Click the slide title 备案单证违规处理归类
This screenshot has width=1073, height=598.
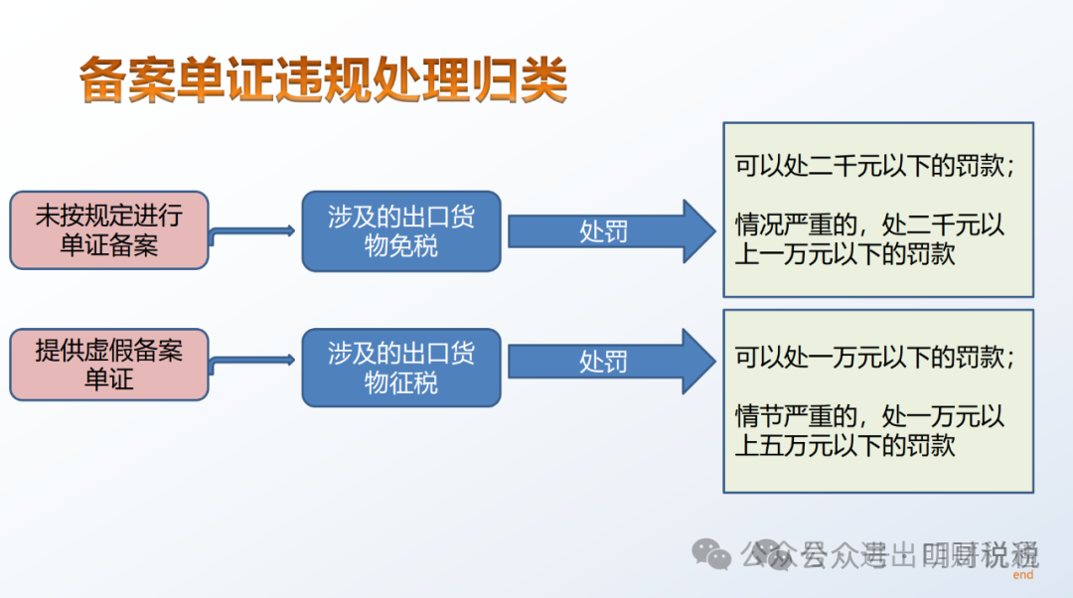click(323, 80)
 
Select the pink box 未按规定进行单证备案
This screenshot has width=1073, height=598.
click(109, 230)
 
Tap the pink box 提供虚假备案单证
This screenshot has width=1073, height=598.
click(109, 365)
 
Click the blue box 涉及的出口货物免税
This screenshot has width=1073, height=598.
click(401, 231)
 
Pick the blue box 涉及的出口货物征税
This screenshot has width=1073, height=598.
click(401, 367)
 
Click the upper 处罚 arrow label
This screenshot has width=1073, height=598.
click(603, 231)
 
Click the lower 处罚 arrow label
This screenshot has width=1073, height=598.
click(603, 362)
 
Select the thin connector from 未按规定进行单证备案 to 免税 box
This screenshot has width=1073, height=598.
click(254, 231)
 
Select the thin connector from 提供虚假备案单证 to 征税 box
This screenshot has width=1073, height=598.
click(254, 364)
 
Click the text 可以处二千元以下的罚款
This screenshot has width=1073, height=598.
click(874, 167)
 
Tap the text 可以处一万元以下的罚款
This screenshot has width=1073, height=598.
click(874, 358)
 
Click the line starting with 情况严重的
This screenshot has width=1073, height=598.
click(870, 224)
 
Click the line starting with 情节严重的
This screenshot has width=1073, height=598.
click(870, 415)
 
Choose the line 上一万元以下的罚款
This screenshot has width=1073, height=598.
click(844, 253)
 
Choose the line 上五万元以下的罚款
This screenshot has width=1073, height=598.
click(844, 445)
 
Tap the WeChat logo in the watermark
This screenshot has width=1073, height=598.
click(711, 553)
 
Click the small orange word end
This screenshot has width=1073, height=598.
click(1022, 575)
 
